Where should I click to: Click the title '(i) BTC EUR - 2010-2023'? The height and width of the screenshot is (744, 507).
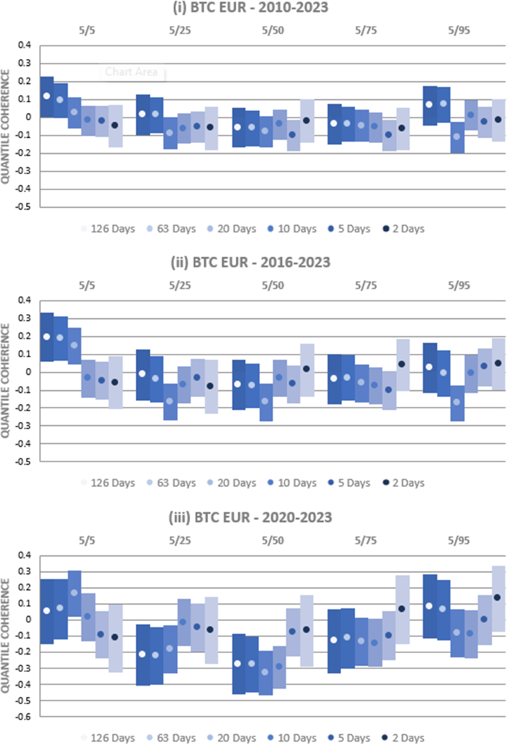click(250, 8)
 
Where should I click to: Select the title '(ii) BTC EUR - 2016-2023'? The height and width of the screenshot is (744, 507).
click(250, 263)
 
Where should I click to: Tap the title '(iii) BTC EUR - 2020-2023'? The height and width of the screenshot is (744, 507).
click(250, 517)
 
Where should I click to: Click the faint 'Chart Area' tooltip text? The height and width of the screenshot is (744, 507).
click(131, 72)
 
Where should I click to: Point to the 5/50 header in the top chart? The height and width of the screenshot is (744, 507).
click(273, 30)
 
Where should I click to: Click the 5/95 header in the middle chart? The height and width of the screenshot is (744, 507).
click(459, 285)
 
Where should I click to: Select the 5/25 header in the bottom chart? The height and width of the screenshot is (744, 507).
click(180, 540)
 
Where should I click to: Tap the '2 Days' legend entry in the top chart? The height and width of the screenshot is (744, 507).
click(403, 229)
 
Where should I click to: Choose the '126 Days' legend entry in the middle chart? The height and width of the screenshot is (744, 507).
click(108, 483)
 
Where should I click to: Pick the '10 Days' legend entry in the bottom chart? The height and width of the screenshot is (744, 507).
click(292, 738)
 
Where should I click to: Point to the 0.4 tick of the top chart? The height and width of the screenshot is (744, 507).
click(24, 45)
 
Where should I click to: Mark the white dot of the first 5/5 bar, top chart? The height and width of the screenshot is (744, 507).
click(47, 96)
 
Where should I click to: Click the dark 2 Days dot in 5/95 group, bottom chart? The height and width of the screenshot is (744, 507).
click(497, 597)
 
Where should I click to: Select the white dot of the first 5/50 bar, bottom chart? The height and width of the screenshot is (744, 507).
click(237, 664)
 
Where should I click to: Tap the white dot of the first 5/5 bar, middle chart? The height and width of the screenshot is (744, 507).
click(47, 336)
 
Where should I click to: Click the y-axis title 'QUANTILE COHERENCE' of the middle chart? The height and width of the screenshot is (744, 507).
click(5, 380)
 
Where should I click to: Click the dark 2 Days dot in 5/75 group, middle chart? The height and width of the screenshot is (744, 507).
click(402, 364)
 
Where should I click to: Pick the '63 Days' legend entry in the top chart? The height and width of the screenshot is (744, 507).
click(171, 229)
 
